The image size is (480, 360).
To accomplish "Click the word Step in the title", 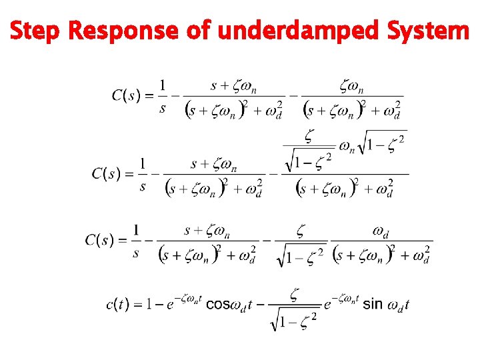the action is (x=35, y=30).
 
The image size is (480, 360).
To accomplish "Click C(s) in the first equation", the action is (x=126, y=95).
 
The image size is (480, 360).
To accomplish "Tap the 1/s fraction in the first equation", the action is (x=163, y=96).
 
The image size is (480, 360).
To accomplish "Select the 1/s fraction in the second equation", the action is (x=143, y=175).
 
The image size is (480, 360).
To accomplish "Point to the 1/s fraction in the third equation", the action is (x=137, y=241).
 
